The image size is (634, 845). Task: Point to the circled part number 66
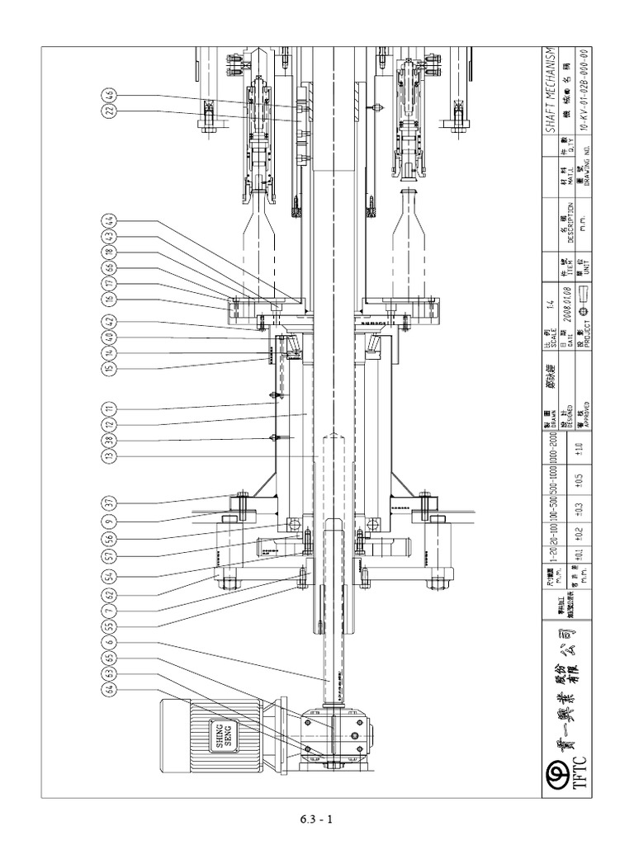(108, 267)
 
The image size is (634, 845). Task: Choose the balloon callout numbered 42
(108, 320)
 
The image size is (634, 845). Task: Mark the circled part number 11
(108, 407)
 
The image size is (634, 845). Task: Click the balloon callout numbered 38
(108, 439)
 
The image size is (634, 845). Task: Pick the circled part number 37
(108, 503)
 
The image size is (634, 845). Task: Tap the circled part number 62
(108, 594)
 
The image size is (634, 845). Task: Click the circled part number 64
(108, 689)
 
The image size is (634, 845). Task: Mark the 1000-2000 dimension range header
(552, 446)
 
